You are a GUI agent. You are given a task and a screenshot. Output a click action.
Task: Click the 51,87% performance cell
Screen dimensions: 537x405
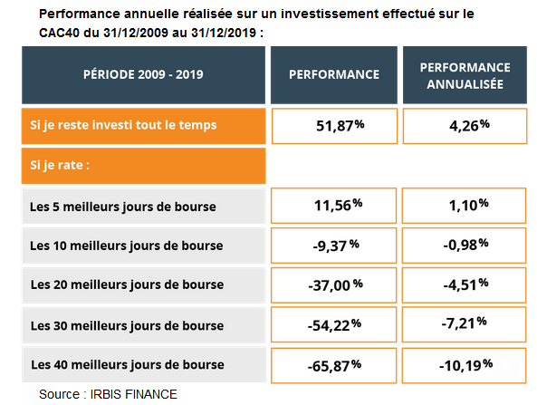334,126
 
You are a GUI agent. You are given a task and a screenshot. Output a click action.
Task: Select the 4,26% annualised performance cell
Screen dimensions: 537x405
465,126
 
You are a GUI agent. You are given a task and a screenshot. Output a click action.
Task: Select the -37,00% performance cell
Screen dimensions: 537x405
333,285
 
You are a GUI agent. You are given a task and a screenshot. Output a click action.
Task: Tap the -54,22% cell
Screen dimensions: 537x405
333,325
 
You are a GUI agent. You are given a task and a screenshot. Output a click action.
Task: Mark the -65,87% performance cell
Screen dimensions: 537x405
333,366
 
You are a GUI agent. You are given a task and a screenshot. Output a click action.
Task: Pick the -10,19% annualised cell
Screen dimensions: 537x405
464,366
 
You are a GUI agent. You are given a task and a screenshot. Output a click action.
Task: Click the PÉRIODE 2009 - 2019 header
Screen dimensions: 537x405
143,75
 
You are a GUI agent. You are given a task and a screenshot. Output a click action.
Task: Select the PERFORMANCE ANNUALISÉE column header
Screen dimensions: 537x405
465,75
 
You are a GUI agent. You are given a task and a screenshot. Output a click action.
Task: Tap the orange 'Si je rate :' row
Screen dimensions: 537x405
143,166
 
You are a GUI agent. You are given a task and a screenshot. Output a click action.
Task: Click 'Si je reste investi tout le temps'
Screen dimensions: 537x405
123,125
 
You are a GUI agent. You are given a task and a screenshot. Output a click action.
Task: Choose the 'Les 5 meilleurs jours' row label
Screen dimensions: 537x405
123,207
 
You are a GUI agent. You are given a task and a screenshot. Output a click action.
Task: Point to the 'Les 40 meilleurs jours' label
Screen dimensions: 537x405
128,365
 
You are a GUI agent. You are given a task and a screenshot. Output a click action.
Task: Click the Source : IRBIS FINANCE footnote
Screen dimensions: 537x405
109,394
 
